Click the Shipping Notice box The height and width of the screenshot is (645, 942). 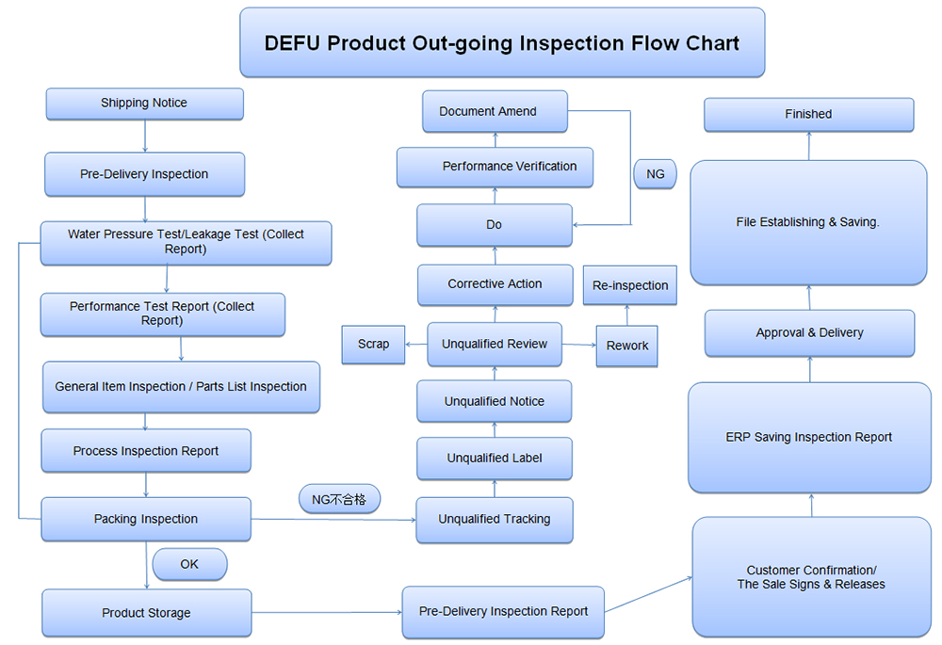[x=144, y=104]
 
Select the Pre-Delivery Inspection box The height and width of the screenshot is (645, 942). [x=144, y=174]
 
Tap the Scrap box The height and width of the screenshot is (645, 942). [x=373, y=345]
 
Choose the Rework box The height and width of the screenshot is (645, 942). [x=627, y=347]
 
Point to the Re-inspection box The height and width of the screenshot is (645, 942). [x=630, y=285]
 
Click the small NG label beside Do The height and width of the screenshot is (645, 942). [x=655, y=174]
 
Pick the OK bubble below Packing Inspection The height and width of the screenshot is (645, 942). [x=189, y=564]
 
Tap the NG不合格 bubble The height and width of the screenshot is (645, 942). [x=339, y=499]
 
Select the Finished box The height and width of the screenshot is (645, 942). [x=808, y=114]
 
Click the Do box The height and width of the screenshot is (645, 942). [x=495, y=225]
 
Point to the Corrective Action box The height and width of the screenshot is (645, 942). [x=495, y=284]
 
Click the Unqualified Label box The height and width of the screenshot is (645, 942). [x=495, y=459]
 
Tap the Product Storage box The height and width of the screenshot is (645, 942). [x=146, y=613]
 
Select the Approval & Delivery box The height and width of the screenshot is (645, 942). [x=809, y=333]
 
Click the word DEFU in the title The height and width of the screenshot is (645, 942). [x=293, y=43]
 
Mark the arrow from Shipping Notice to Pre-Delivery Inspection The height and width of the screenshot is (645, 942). [x=145, y=136]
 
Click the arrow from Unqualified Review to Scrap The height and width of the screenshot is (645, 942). [x=415, y=345]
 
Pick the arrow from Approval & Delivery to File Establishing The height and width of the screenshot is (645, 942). [x=809, y=298]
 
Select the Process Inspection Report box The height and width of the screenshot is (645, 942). [x=146, y=451]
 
